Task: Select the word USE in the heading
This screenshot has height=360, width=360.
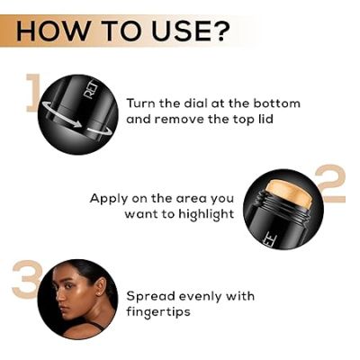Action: (176, 31)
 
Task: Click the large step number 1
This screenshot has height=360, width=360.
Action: (32, 93)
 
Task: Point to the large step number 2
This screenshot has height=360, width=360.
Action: (330, 184)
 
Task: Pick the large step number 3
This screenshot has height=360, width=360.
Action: (26, 279)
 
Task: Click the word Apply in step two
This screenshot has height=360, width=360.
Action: (109, 199)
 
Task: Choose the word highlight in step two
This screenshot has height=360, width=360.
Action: (207, 215)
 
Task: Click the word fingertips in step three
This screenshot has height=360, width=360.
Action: (158, 312)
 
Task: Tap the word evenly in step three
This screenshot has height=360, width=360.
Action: (201, 297)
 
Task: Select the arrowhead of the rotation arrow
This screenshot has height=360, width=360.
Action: (78, 124)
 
